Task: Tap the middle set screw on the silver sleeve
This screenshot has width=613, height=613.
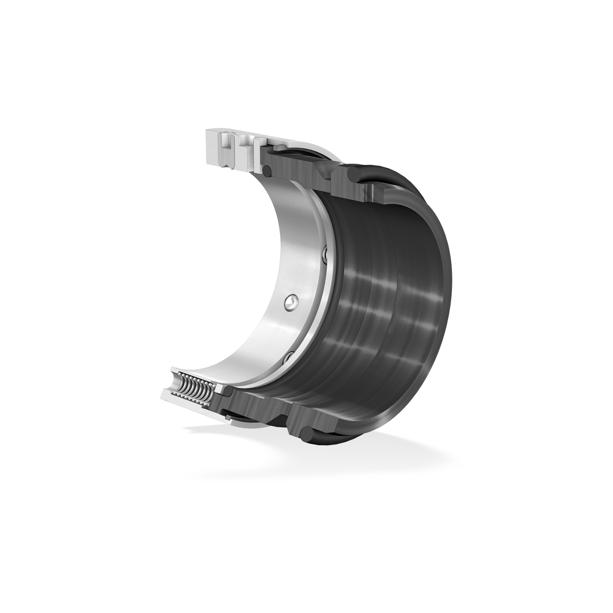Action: [291, 302]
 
